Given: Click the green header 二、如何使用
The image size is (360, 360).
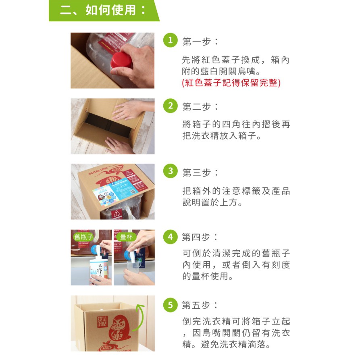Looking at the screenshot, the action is click(104, 10).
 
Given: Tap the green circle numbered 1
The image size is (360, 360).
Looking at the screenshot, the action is click(171, 40).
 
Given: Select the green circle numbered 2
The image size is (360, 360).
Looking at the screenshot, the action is click(171, 106).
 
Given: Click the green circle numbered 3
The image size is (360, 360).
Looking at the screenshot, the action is click(171, 171).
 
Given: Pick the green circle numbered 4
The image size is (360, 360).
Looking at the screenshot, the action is click(171, 237).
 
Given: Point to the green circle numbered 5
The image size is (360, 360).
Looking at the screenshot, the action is click(171, 305).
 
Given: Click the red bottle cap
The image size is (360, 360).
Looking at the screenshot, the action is click(121, 60).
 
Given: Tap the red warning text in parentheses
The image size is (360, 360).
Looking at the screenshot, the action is click(231, 83).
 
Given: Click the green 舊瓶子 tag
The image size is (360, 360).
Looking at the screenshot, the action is click(83, 237).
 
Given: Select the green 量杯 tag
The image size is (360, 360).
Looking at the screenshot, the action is click(126, 237).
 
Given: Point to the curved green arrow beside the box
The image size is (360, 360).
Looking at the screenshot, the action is click(139, 317).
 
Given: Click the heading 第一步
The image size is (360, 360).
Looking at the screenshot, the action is click(200, 42).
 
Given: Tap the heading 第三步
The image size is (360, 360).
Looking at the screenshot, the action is click(200, 173).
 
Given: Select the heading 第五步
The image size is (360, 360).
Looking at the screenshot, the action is click(200, 305).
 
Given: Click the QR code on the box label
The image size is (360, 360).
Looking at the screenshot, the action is click(133, 191).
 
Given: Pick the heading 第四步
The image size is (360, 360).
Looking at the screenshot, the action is click(200, 237).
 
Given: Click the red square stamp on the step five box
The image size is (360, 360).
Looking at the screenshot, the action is click(102, 322).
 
